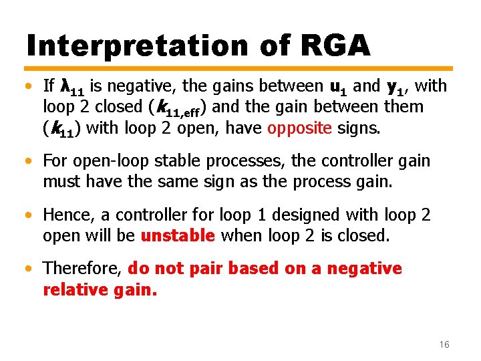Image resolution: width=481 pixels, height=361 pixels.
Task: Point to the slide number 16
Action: pyautogui.click(x=444, y=344)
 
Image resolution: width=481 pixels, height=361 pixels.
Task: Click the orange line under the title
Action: pyautogui.click(x=240, y=68)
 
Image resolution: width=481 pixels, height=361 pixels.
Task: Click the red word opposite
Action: pyautogui.click(x=299, y=128)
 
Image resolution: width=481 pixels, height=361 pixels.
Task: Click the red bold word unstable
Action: pyautogui.click(x=178, y=236)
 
